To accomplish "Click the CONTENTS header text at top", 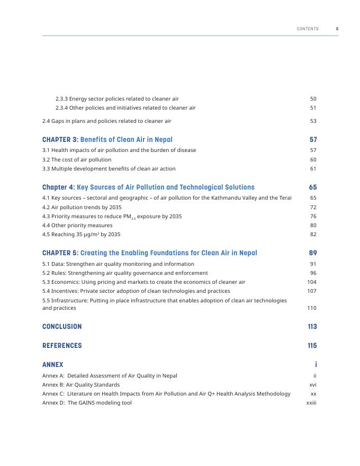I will click(308, 29).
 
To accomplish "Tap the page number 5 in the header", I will click(337, 29).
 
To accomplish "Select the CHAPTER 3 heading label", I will click(60, 140).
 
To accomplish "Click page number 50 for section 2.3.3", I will click(313, 99).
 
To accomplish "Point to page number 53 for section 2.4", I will click(313, 121).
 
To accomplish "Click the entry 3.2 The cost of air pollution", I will click(77, 159).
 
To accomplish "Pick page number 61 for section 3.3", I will click(313, 169).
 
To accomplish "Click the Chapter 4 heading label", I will click(58, 187).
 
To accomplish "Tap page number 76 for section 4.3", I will click(313, 217).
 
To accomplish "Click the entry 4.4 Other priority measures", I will click(77, 226).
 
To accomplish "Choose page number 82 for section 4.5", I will click(313, 235).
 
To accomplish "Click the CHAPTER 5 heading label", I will click(60, 253).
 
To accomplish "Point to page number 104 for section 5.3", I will click(312, 282).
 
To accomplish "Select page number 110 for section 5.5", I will click(312, 308).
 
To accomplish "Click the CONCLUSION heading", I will click(62, 327).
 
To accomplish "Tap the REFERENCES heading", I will click(62, 346).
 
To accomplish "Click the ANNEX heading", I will click(52, 365).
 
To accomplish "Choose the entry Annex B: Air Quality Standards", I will click(81, 384).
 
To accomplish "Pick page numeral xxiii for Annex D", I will click(311, 403).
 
